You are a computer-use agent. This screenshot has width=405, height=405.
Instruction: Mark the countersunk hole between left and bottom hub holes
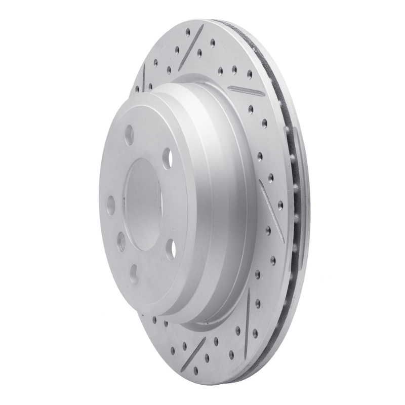pyautogui.click(x=121, y=241)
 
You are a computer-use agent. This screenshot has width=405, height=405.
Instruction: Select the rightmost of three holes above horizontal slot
pyautogui.click(x=249, y=74)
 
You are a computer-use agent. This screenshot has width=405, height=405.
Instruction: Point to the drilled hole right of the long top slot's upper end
pyautogui.click(x=212, y=43)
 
